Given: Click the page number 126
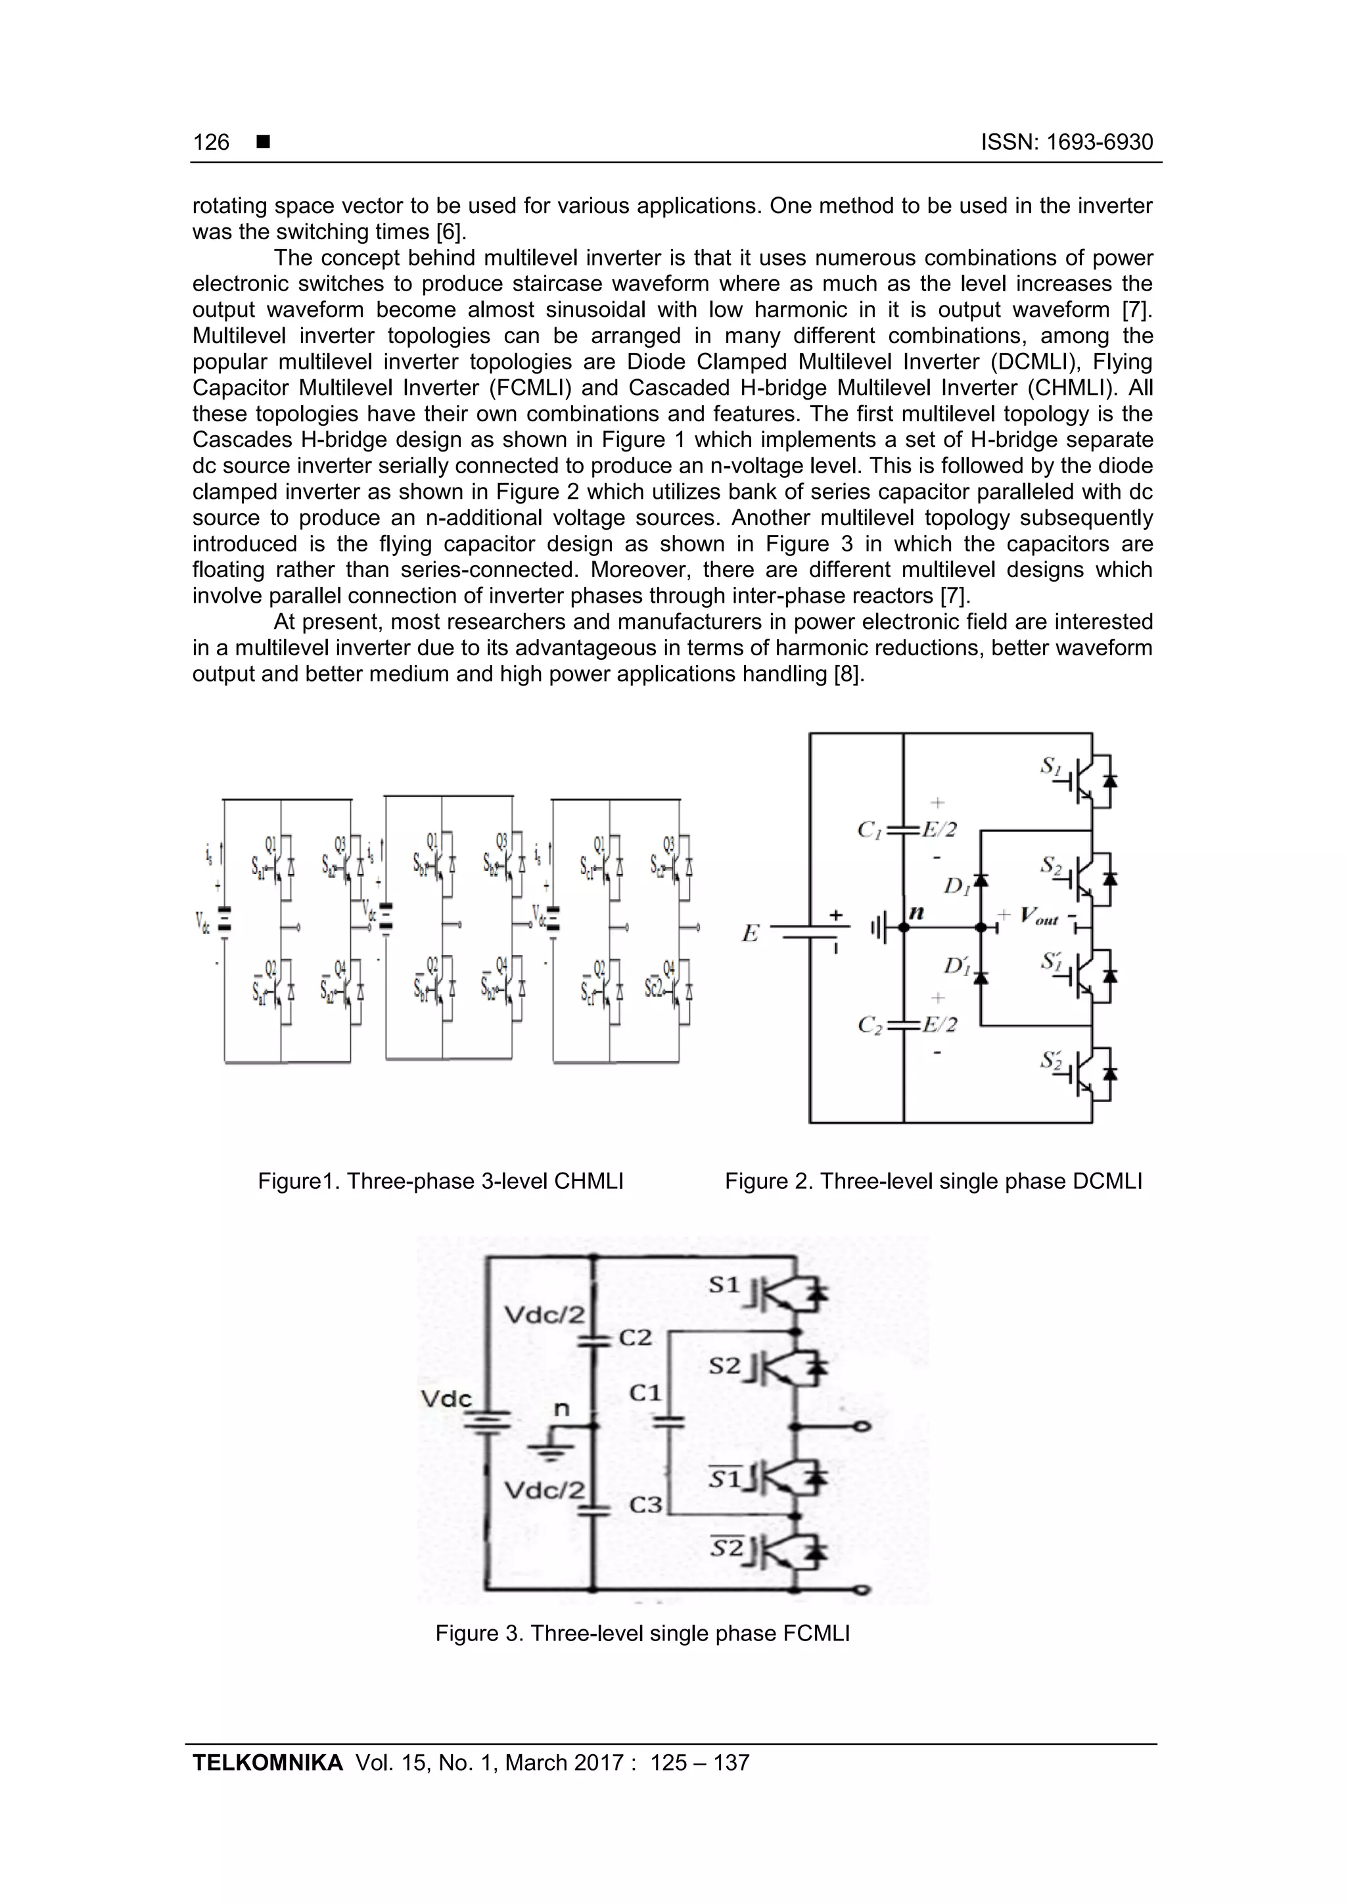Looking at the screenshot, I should click(x=211, y=143).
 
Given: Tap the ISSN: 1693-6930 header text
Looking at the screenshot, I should click(x=1067, y=143).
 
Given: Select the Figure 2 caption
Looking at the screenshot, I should click(x=933, y=1181).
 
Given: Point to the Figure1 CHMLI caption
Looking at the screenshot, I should click(x=440, y=1181).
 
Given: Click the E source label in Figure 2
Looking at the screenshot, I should click(x=750, y=935).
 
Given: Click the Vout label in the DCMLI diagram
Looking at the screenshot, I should click(x=1039, y=916).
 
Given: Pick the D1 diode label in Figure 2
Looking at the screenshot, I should click(x=956, y=886).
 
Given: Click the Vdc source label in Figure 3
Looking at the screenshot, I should click(x=446, y=1399).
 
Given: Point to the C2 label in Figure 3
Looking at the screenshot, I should click(x=636, y=1337).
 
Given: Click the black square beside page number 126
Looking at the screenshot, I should click(x=264, y=143).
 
